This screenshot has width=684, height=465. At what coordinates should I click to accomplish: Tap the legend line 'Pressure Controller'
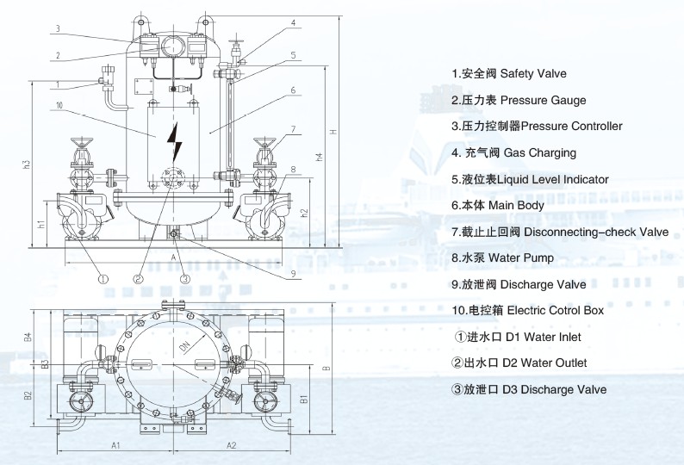(x=537, y=127)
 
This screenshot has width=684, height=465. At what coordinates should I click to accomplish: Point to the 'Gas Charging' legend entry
(x=514, y=153)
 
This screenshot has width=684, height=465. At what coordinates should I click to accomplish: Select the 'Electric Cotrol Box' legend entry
(x=532, y=310)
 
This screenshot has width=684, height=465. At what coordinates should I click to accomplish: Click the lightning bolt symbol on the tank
(x=177, y=140)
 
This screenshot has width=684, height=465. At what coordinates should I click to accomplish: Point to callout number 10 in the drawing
(x=57, y=106)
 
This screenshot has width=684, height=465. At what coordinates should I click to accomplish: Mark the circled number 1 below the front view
(x=102, y=279)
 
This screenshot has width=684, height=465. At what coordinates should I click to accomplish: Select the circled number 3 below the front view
(x=184, y=279)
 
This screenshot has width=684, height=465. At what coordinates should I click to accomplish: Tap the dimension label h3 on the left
(x=27, y=164)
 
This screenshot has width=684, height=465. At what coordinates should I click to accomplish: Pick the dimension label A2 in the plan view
(x=232, y=445)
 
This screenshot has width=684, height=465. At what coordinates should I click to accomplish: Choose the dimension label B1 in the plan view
(x=303, y=399)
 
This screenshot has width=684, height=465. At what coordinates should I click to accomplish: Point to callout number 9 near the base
(x=293, y=274)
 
